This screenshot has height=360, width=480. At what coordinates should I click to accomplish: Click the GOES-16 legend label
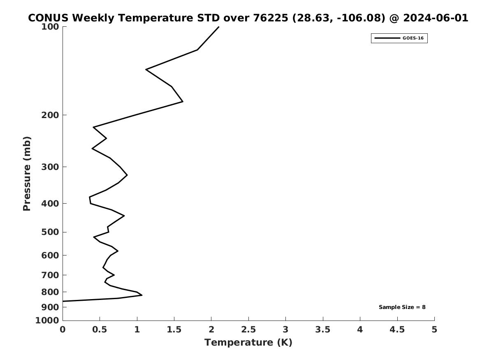[413, 38]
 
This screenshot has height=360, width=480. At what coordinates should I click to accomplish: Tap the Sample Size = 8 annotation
[402, 307]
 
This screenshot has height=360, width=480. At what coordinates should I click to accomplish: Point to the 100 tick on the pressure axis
[50, 27]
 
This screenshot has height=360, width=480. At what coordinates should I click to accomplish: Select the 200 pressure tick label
[50, 115]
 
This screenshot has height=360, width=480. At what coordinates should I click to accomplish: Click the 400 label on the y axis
[50, 203]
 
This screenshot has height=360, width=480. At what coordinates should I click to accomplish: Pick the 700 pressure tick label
[50, 275]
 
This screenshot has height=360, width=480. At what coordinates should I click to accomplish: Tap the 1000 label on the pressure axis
[47, 321]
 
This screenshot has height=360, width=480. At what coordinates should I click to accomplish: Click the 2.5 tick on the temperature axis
[248, 330]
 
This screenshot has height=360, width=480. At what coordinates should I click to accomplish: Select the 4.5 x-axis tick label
[397, 330]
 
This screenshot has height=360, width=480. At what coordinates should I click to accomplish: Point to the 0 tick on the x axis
[63, 330]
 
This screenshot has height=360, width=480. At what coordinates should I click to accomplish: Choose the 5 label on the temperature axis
[434, 330]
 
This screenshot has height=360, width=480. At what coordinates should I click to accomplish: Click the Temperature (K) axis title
[248, 343]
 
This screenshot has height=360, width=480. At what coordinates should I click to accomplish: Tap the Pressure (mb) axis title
[27, 174]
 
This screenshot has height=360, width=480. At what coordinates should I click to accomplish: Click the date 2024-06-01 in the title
[436, 18]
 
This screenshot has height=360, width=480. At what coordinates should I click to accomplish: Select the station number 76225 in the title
[271, 18]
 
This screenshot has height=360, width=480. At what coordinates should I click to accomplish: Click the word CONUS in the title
[48, 18]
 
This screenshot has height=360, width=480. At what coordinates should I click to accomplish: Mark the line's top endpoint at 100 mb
[218, 27]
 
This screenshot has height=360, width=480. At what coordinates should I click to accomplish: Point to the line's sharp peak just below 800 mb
[142, 295]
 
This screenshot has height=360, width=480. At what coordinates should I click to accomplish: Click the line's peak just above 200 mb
[183, 101]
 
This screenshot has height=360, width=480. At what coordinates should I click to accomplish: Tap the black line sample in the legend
[387, 38]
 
